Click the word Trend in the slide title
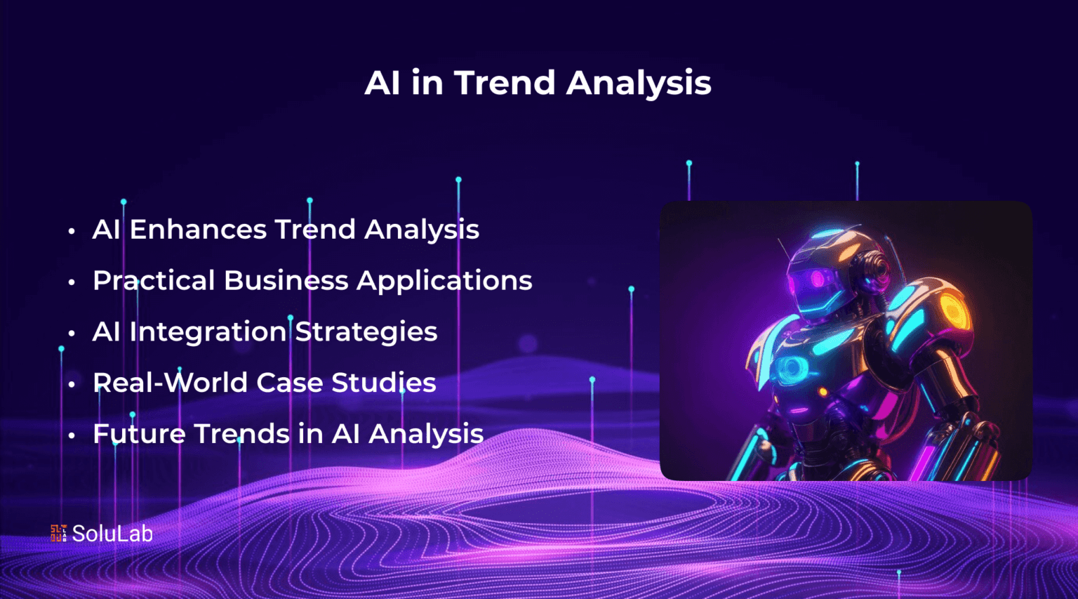(x=505, y=82)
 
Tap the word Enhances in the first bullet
(x=198, y=229)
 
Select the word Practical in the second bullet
(x=154, y=280)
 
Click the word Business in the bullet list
(x=286, y=280)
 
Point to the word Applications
(x=444, y=281)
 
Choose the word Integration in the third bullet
(x=208, y=332)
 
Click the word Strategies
(x=366, y=332)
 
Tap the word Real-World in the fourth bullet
(x=170, y=383)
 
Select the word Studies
(x=384, y=383)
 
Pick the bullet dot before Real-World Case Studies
(x=72, y=384)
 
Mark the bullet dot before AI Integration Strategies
(x=72, y=333)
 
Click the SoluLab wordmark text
(x=112, y=534)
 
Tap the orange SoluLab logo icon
(x=59, y=533)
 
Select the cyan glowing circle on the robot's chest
(x=792, y=369)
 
